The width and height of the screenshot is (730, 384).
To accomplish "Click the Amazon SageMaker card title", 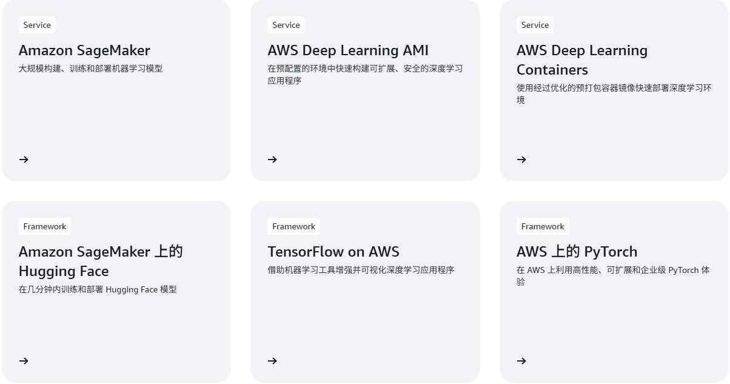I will (x=84, y=50).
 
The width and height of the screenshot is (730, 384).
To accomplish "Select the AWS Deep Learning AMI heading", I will (x=348, y=50).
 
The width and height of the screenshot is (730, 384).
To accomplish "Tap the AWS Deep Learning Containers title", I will (x=581, y=59).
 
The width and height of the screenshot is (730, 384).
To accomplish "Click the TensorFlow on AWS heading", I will (x=333, y=252).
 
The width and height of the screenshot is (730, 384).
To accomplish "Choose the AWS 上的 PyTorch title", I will (x=577, y=252).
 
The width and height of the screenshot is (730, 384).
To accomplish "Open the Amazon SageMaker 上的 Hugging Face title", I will (x=101, y=261).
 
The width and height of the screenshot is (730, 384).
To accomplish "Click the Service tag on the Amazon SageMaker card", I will (x=37, y=25).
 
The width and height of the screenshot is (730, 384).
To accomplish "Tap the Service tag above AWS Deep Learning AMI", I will (x=286, y=25).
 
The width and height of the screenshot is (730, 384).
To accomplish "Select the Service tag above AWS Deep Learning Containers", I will (x=535, y=25).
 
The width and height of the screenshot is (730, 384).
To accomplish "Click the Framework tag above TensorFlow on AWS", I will (x=293, y=226).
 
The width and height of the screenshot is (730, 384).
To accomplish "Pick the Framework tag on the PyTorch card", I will (x=543, y=226).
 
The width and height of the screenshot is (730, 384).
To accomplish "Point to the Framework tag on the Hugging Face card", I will (x=45, y=226).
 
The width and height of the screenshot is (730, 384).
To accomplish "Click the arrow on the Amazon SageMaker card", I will (x=24, y=160).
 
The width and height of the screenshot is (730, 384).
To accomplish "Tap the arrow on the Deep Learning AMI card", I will (x=272, y=160).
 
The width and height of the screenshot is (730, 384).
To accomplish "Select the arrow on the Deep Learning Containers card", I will (x=521, y=160).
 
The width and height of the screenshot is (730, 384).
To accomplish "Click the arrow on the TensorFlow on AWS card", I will (x=272, y=361).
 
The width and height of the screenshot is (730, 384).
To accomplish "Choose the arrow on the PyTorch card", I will (x=521, y=361).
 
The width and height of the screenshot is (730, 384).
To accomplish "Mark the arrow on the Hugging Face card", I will (x=24, y=361).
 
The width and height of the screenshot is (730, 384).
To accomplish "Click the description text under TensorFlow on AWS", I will (x=361, y=270).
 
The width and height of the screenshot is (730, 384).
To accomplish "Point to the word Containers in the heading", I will (x=552, y=70).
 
